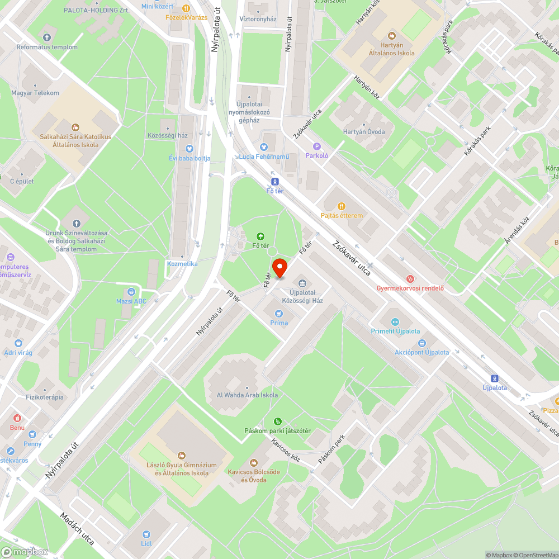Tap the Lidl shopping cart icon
146,534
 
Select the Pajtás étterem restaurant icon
342,206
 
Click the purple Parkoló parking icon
316,146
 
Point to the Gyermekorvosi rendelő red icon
410,278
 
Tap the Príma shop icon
279,314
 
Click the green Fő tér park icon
260,236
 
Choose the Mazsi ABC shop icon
131,291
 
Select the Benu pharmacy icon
17,418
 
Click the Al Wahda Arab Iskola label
247,395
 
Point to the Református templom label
47,47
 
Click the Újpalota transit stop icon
494,378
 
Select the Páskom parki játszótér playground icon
277,421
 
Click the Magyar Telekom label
35,93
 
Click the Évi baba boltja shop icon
189,149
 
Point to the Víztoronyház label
258,19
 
